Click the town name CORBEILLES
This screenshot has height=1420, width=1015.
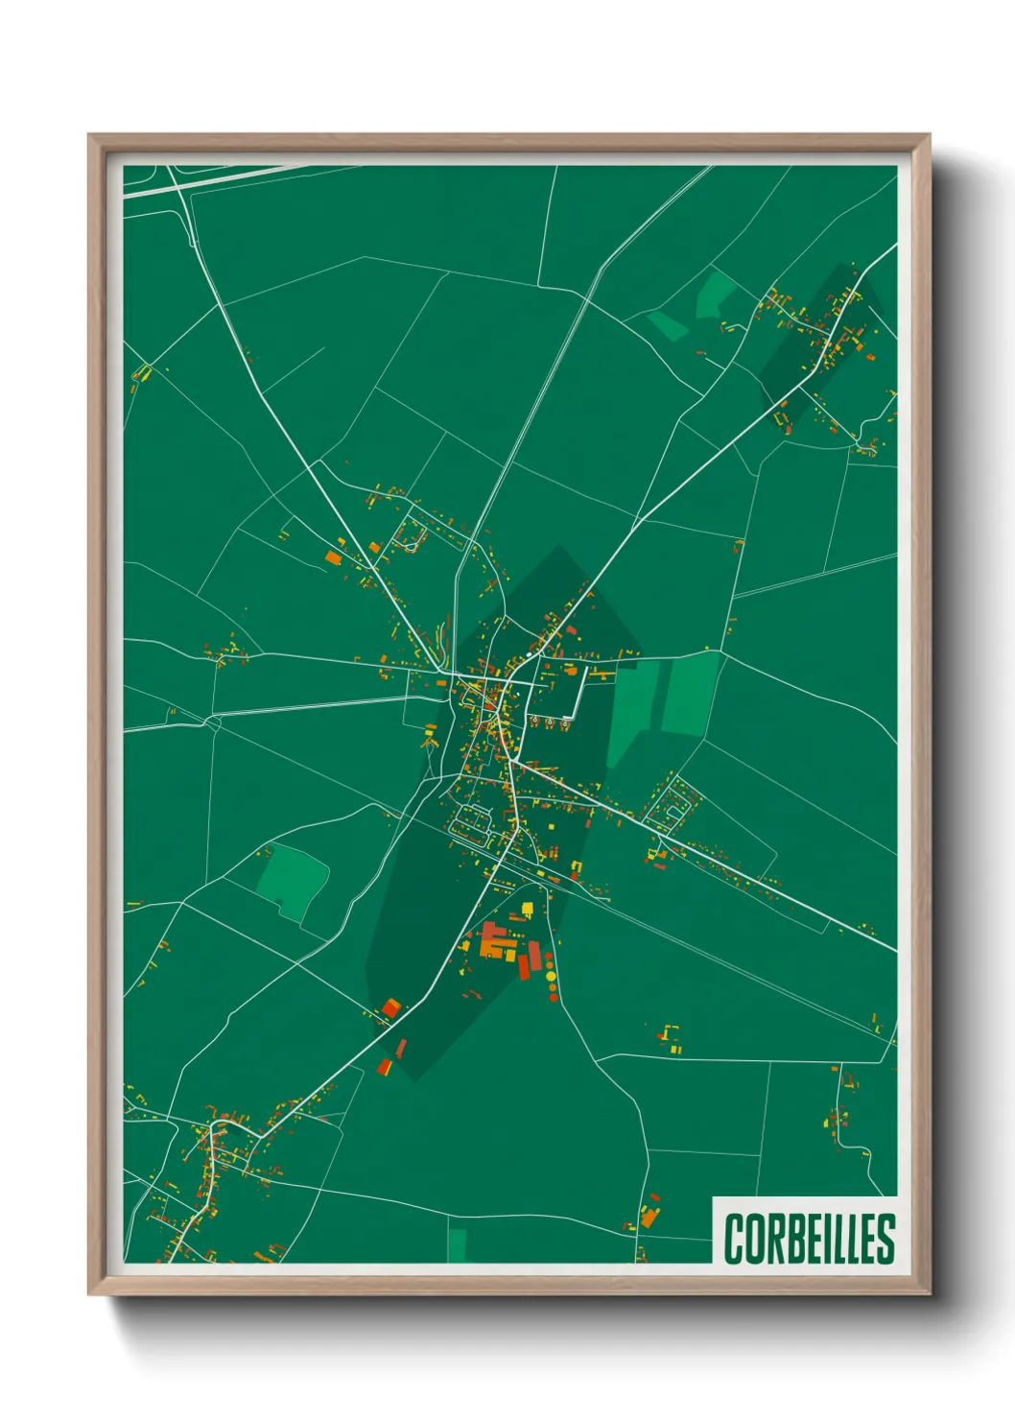(x=809, y=1238)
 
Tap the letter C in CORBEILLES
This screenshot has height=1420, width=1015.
(x=734, y=1239)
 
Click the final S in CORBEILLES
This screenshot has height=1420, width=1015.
(x=885, y=1239)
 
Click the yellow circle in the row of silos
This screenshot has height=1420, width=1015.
(x=551, y=977)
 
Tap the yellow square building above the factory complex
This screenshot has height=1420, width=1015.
(x=527, y=908)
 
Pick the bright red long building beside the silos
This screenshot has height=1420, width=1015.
(x=524, y=962)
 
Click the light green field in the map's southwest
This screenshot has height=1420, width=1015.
(x=292, y=879)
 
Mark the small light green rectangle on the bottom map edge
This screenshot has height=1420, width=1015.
(x=457, y=1244)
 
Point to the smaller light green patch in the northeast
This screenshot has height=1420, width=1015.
(x=668, y=323)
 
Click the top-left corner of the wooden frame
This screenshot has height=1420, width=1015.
(x=90, y=136)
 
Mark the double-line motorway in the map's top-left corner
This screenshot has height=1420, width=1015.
(x=192, y=182)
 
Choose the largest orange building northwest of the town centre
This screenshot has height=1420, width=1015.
(x=333, y=557)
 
